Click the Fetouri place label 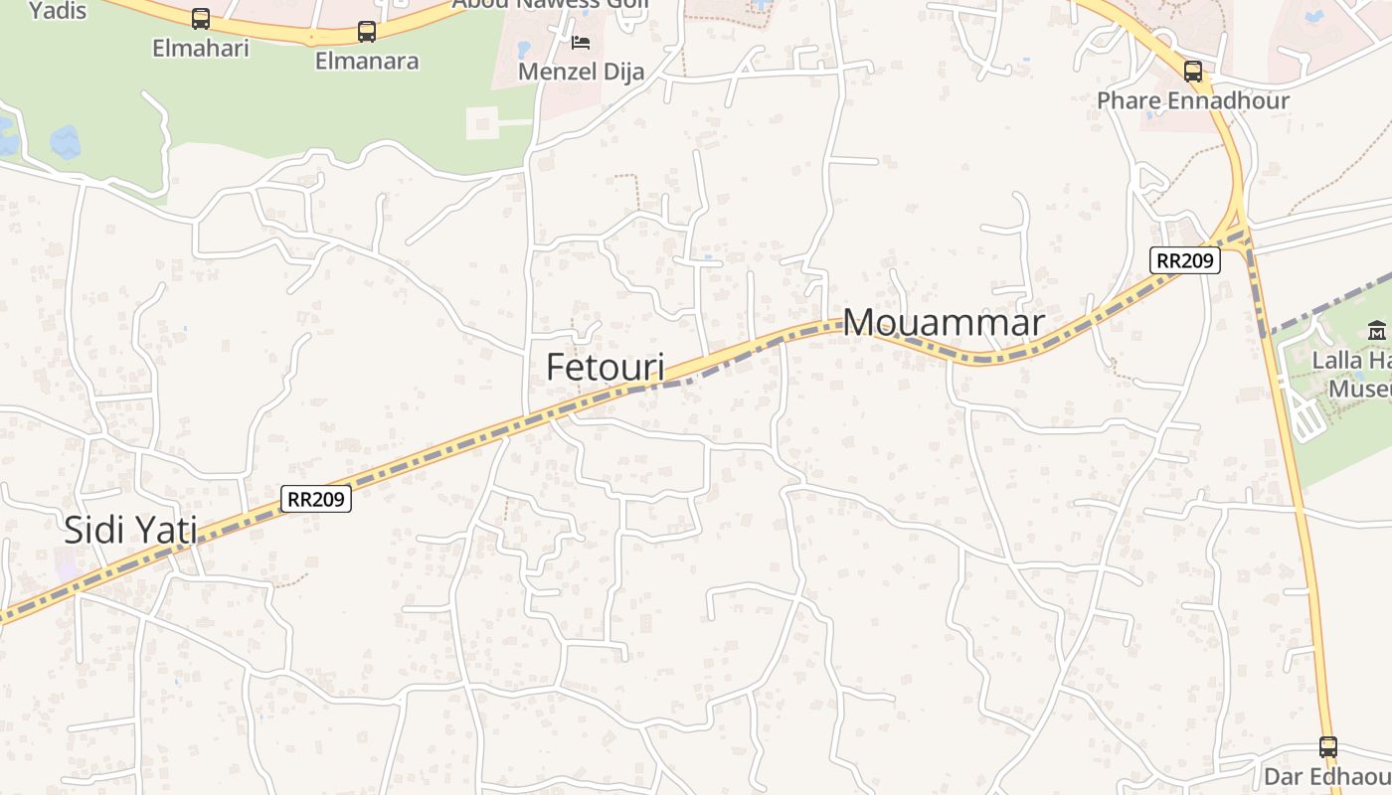point(605,367)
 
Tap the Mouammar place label point(944,322)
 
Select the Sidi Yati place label point(130,530)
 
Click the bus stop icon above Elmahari point(200,18)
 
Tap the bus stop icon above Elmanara point(367,31)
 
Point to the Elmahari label point(200,47)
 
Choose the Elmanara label point(367,61)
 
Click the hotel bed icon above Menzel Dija point(581,43)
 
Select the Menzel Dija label point(582,72)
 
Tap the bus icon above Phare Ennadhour point(1192,71)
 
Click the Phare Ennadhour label point(1192,100)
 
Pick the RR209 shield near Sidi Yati point(316,498)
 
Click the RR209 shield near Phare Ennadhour point(1184,260)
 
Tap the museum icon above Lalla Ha point(1377,331)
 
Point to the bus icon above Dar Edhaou point(1327,746)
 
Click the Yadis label point(58,11)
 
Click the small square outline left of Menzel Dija point(482,123)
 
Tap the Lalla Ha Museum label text point(1351,374)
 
